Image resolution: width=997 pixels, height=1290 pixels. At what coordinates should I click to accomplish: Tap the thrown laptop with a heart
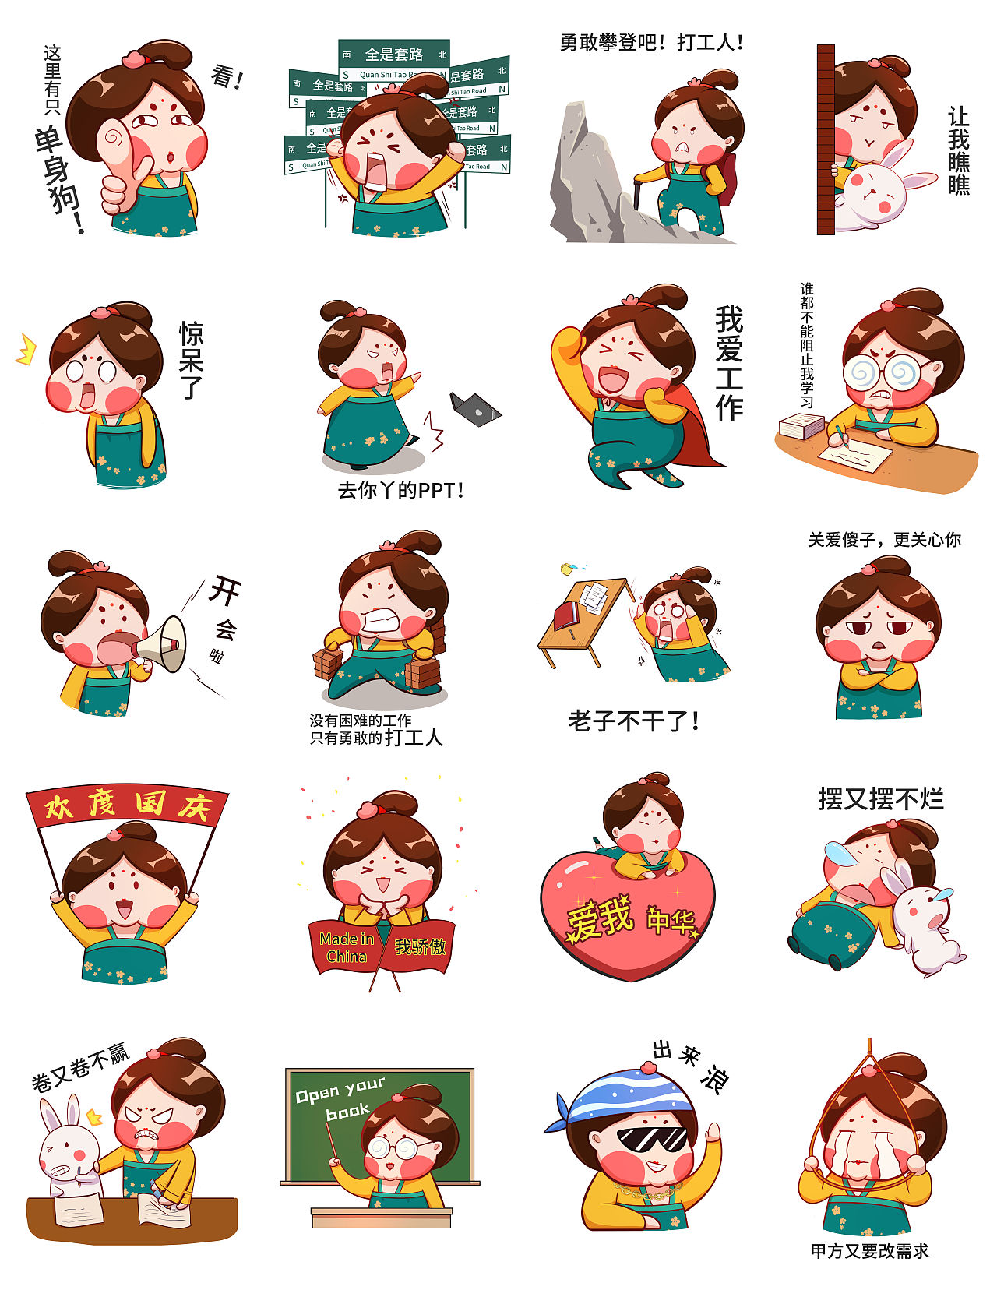(475, 409)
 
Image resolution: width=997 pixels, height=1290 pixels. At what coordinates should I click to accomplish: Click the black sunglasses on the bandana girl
(653, 1140)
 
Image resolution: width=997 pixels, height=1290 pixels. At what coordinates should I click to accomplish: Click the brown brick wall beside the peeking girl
(825, 140)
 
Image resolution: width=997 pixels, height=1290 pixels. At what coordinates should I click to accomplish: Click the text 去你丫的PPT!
(400, 491)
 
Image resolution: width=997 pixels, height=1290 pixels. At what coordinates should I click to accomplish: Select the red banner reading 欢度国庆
(127, 806)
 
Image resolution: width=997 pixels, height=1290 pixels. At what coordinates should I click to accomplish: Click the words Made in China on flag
(346, 947)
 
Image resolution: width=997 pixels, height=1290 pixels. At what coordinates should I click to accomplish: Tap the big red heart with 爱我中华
(627, 919)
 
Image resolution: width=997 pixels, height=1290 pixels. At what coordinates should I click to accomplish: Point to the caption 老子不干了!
(632, 721)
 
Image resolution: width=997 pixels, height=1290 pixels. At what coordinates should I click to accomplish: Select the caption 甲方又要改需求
(869, 1251)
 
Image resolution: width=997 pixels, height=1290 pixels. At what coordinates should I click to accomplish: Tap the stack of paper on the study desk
(801, 425)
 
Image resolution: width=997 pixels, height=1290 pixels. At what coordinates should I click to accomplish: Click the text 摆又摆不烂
(880, 798)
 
